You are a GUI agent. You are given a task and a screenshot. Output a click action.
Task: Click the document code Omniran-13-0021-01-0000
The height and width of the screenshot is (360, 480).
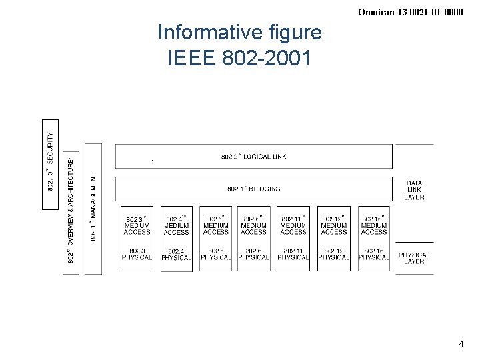click(410, 12)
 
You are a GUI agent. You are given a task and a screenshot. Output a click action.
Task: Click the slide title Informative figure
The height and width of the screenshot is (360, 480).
click(239, 32)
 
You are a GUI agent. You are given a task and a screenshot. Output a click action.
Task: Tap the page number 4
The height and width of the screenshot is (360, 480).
click(461, 344)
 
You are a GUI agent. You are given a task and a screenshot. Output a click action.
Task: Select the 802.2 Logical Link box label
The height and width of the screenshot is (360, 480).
click(253, 157)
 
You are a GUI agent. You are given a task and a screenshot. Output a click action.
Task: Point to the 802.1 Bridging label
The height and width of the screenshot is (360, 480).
click(253, 189)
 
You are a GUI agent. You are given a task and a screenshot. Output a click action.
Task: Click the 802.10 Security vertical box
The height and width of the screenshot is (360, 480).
click(51, 163)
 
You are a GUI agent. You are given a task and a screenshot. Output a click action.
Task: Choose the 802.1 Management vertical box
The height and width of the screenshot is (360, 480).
click(94, 207)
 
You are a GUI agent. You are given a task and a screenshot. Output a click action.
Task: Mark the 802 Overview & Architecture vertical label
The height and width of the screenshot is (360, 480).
click(71, 209)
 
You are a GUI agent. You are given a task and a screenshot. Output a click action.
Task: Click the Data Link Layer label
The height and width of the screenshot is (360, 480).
click(414, 190)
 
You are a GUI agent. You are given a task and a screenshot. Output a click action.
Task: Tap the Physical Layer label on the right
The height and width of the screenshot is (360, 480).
click(414, 258)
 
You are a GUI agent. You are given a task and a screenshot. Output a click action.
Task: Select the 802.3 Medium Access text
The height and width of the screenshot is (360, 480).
click(137, 225)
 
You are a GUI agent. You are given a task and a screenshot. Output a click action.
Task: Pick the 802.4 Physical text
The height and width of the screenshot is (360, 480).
click(176, 255)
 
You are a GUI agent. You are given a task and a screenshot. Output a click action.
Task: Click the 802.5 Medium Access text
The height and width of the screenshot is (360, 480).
click(216, 225)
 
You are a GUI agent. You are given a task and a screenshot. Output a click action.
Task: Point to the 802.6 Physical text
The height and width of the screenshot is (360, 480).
click(253, 255)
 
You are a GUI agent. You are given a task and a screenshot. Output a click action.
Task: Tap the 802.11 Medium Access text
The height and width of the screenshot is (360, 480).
click(293, 225)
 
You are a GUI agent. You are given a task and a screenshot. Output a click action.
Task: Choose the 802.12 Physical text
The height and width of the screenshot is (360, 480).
click(333, 255)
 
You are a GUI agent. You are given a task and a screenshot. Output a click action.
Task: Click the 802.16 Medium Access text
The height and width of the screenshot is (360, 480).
click(373, 225)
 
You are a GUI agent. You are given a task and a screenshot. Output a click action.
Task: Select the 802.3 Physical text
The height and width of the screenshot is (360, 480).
click(137, 255)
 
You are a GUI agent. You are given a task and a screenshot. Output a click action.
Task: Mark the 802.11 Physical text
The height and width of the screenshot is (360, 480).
click(293, 255)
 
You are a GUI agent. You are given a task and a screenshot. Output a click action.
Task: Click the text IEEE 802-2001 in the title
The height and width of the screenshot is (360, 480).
click(239, 59)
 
